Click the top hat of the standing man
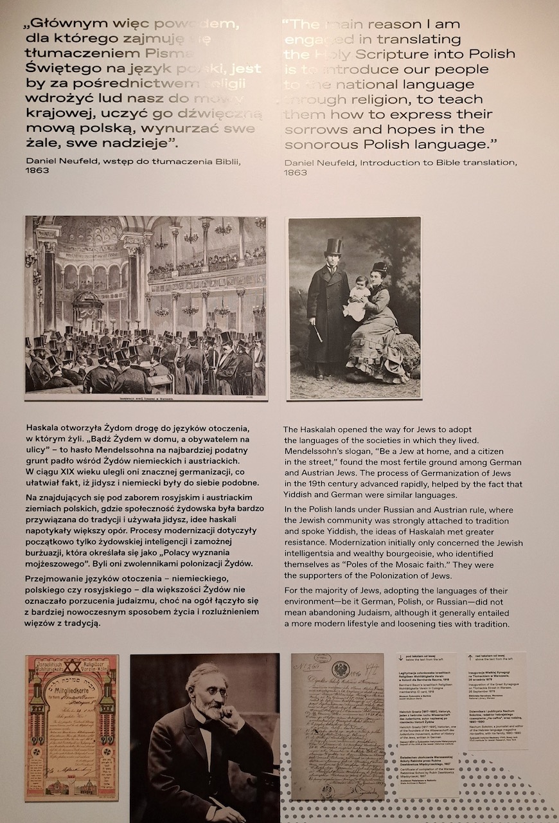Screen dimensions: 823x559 click(333, 247)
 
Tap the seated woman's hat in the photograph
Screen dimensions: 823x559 click(380, 267)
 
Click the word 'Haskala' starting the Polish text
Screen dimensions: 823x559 click(45, 428)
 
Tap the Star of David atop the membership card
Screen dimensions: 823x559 click(72, 663)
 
